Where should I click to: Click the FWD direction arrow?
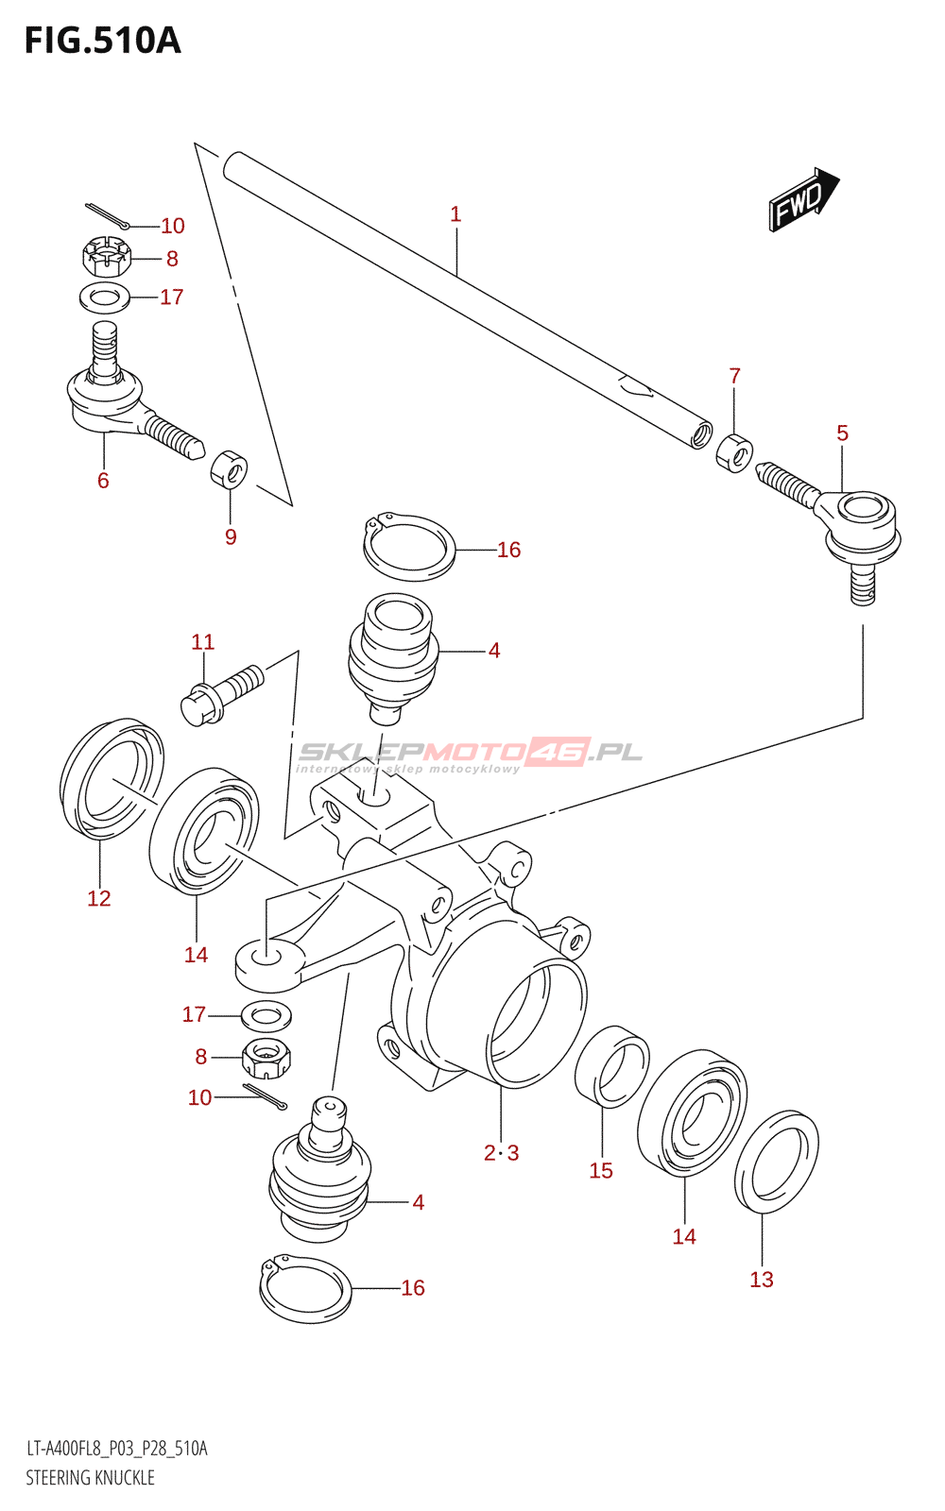[804, 199]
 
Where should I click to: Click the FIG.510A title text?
[103, 41]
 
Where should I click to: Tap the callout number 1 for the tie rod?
[455, 214]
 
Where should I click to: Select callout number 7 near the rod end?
[734, 376]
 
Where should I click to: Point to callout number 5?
[842, 433]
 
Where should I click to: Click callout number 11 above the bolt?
[202, 641]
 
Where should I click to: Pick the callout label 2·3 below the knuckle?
[502, 1153]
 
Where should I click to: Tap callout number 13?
[762, 1280]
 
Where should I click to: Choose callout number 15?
[601, 1170]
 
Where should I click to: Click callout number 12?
[98, 898]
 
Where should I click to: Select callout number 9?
[231, 537]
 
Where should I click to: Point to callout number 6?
[103, 481]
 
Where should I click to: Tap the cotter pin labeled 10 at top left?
[108, 215]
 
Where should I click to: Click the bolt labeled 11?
[222, 694]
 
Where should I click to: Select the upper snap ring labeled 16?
[409, 547]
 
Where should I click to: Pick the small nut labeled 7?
[734, 454]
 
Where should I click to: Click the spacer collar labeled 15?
[611, 1066]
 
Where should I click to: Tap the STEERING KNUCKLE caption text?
[91, 1477]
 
